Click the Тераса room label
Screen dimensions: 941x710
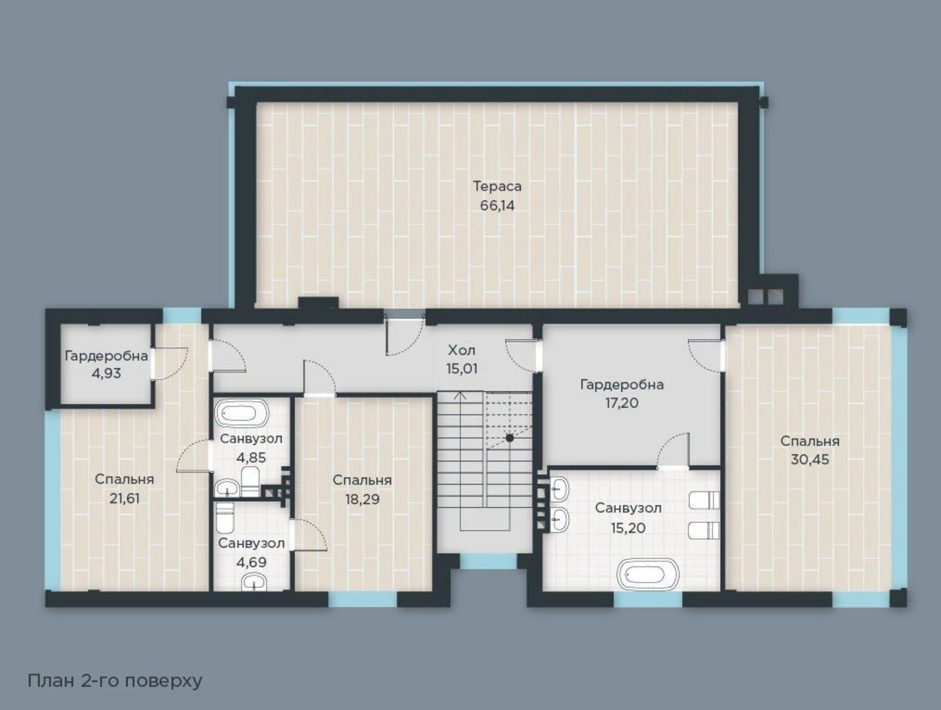(x=498, y=186)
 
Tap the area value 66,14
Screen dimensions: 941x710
(x=498, y=206)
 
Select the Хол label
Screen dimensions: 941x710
(x=462, y=350)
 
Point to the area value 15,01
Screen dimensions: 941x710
(x=462, y=369)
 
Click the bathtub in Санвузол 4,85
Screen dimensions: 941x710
(x=241, y=414)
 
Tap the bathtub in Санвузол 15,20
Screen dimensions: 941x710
(x=648, y=573)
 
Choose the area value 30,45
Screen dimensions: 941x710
(x=810, y=459)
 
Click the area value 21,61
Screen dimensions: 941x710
(x=124, y=499)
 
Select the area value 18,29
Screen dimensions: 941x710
(x=362, y=499)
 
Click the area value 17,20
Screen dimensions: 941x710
(x=622, y=403)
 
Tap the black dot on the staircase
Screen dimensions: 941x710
(x=510, y=438)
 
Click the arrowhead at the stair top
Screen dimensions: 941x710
(x=461, y=394)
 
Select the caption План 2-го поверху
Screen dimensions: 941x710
(x=115, y=681)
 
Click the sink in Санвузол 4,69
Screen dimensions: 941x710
(x=254, y=583)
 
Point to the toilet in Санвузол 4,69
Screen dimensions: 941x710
(x=225, y=517)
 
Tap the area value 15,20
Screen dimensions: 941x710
(x=628, y=528)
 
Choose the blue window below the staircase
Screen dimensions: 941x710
(x=488, y=561)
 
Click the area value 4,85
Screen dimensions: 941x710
(x=251, y=458)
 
